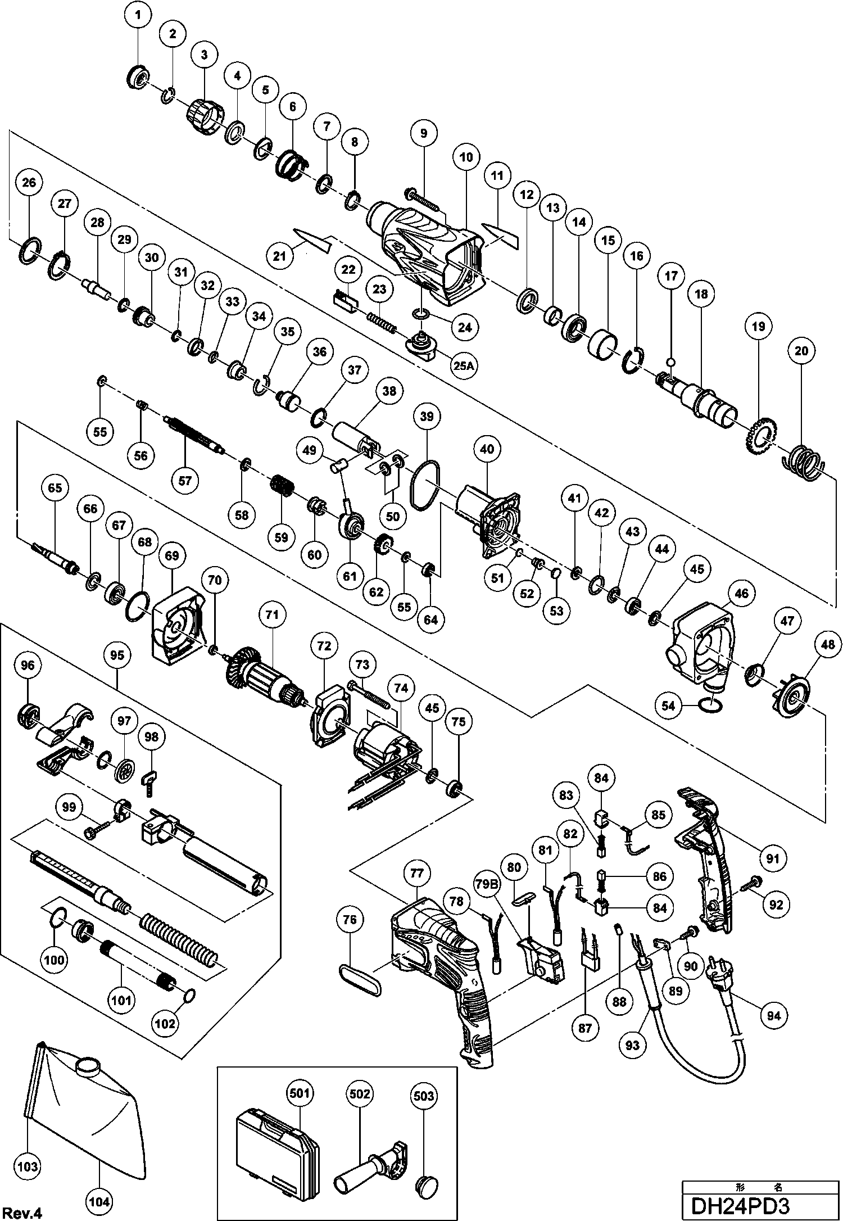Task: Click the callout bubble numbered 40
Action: pos(487,449)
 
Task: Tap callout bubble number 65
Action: pos(55,487)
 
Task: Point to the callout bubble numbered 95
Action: pos(117,655)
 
